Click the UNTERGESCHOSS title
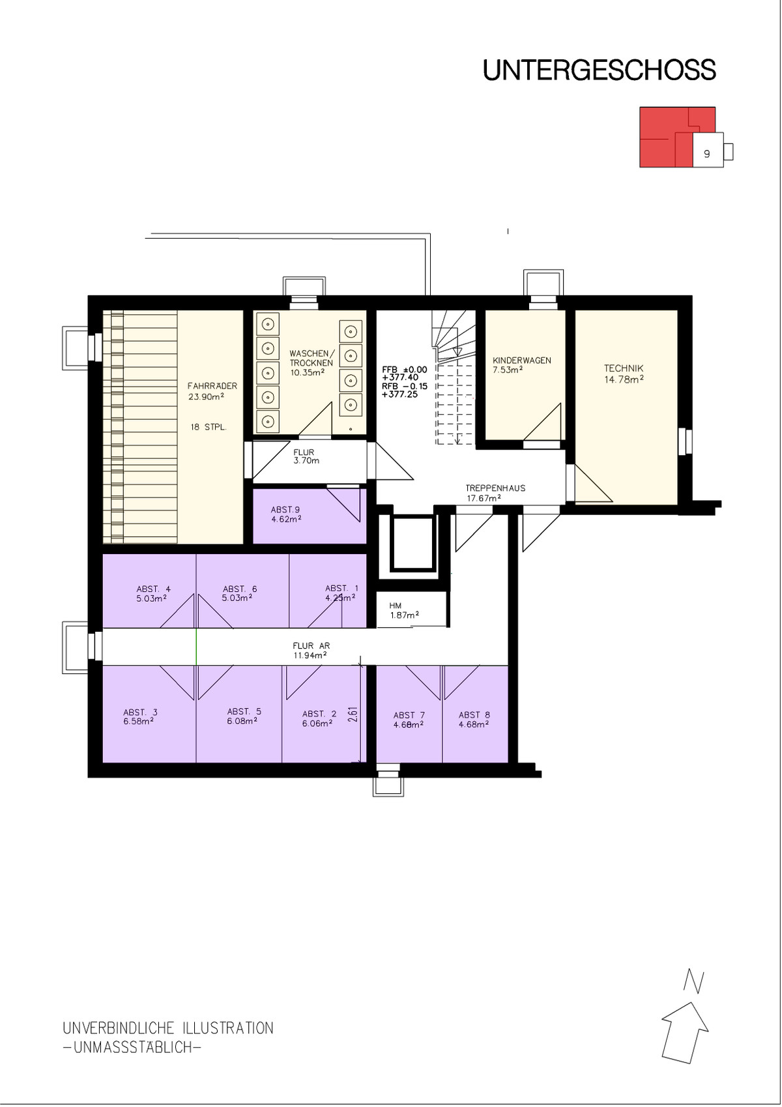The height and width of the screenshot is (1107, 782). tap(600, 70)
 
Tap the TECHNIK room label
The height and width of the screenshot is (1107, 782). tap(624, 368)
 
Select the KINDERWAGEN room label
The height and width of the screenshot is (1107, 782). tap(522, 361)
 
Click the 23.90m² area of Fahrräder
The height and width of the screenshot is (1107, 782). tap(206, 396)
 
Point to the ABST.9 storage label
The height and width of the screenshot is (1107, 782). tap(285, 510)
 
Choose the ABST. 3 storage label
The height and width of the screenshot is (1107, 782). tap(141, 712)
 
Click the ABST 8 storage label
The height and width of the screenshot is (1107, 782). tap(474, 715)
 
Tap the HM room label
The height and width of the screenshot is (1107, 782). tap(395, 606)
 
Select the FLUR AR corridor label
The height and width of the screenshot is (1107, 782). tap(311, 645)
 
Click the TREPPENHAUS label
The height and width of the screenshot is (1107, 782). tap(495, 488)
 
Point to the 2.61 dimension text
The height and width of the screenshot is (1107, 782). tap(353, 715)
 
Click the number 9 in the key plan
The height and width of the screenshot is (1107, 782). tap(707, 154)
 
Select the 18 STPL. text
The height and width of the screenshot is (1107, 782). tap(209, 428)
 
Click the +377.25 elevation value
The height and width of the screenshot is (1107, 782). tap(399, 394)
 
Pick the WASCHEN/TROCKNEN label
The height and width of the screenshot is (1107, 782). tap(311, 359)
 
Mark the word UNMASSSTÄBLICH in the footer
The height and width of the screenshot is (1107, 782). tap(132, 1047)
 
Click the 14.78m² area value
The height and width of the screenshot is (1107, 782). tap(624, 379)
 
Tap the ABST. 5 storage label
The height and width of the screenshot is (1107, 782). tap(244, 711)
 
